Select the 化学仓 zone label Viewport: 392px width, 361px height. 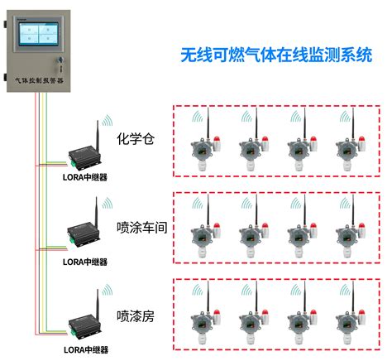pos(136,138)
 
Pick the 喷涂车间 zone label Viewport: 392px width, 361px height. pos(142,226)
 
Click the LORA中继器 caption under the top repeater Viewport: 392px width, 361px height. pos(86,176)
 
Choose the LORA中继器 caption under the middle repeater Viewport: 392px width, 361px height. pos(86,262)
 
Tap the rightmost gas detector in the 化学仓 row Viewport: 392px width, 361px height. pos(346,149)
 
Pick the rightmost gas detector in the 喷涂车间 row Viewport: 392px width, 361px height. pos(346,236)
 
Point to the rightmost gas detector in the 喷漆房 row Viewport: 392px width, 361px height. pos(346,323)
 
